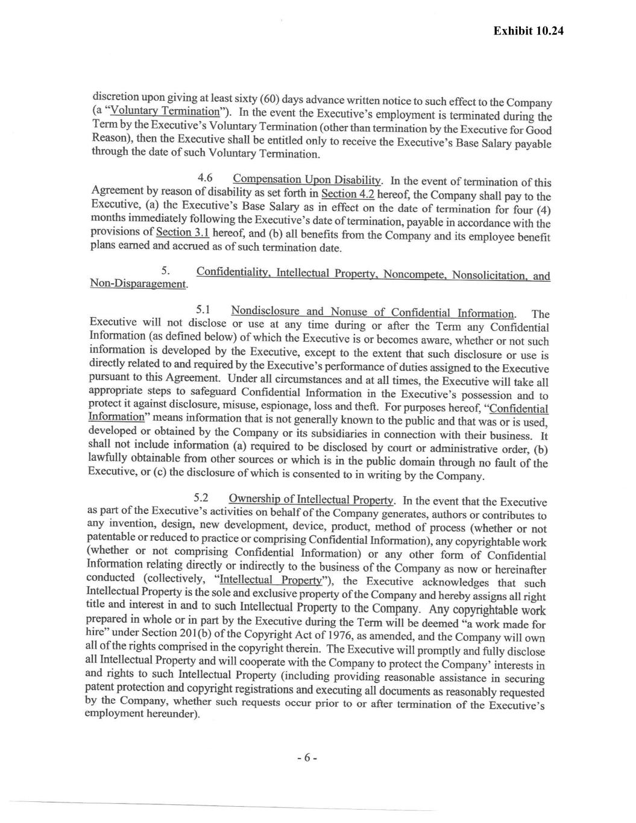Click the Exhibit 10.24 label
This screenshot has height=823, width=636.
tap(527, 31)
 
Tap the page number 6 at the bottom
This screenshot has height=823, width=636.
tap(306, 758)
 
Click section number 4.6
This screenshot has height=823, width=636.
tap(206, 178)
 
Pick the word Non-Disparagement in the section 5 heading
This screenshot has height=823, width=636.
tap(137, 283)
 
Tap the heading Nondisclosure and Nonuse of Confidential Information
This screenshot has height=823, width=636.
tap(372, 312)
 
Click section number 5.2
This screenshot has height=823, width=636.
tap(201, 498)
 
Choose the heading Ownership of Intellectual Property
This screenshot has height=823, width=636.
tap(311, 499)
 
